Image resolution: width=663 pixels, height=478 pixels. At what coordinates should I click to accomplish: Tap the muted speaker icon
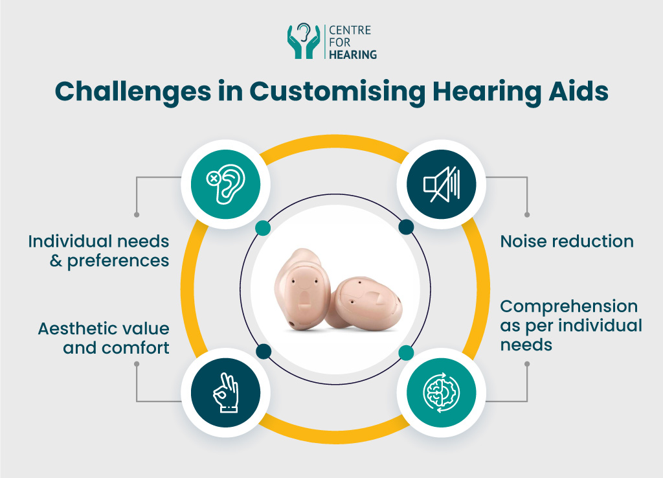(x=441, y=185)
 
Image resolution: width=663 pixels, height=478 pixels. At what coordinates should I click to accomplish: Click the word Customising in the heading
(x=328, y=91)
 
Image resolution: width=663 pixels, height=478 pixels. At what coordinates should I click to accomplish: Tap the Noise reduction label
(x=567, y=242)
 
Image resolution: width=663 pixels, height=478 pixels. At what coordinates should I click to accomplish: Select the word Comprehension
(x=568, y=306)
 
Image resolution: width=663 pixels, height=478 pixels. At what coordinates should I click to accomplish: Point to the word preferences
(x=118, y=262)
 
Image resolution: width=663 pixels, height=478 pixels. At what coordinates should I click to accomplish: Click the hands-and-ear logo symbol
(x=303, y=41)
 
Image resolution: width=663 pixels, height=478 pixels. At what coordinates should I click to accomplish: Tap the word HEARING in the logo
(x=353, y=55)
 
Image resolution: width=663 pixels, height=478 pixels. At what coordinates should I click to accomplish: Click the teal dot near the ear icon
(x=263, y=227)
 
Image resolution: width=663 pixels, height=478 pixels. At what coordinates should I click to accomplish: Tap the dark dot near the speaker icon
(x=406, y=227)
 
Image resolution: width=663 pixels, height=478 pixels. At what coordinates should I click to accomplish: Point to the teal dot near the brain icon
(x=406, y=352)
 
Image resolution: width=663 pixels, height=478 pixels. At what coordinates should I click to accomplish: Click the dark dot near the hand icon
(x=263, y=352)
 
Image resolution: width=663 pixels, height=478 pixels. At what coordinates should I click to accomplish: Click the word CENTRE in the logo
(x=350, y=30)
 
